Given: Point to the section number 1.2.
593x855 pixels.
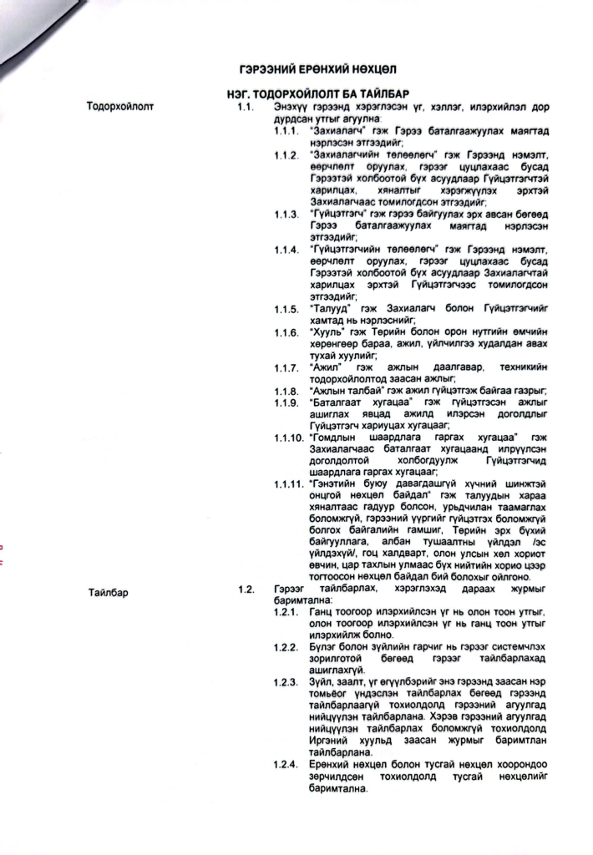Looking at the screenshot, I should click(245, 591).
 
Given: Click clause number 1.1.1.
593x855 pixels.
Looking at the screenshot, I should click(287, 132).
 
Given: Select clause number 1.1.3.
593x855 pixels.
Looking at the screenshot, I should click(287, 215).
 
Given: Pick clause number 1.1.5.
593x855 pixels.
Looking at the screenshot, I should click(287, 309).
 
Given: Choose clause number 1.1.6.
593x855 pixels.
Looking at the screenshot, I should click(287, 333).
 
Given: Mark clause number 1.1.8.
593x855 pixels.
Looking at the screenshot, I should click(287, 392).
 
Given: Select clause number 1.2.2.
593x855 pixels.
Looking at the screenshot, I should click(287, 647).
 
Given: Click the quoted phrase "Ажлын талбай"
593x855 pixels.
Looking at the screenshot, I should click(342, 392).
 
